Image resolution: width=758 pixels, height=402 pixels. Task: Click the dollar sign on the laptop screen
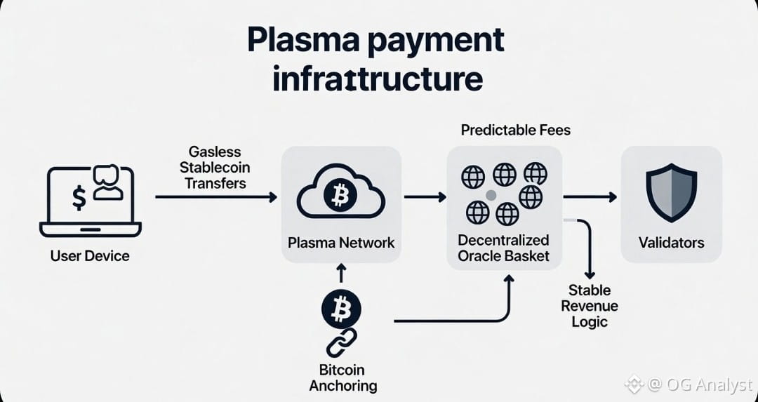(79, 199)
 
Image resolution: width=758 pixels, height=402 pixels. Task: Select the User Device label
(90, 256)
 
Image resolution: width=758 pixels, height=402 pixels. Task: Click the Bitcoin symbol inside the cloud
(341, 197)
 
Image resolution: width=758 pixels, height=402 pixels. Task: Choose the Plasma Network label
(341, 243)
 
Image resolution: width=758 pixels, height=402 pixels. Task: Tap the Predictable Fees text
(515, 130)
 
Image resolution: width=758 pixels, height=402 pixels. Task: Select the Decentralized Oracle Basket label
(504, 248)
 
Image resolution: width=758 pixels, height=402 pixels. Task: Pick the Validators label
(671, 243)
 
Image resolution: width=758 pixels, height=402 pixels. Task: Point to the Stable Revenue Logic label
(589, 306)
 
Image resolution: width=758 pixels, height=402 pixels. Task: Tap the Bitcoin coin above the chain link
(341, 308)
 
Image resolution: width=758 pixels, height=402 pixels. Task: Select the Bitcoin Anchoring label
(343, 377)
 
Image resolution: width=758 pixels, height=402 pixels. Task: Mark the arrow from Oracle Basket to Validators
(589, 198)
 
